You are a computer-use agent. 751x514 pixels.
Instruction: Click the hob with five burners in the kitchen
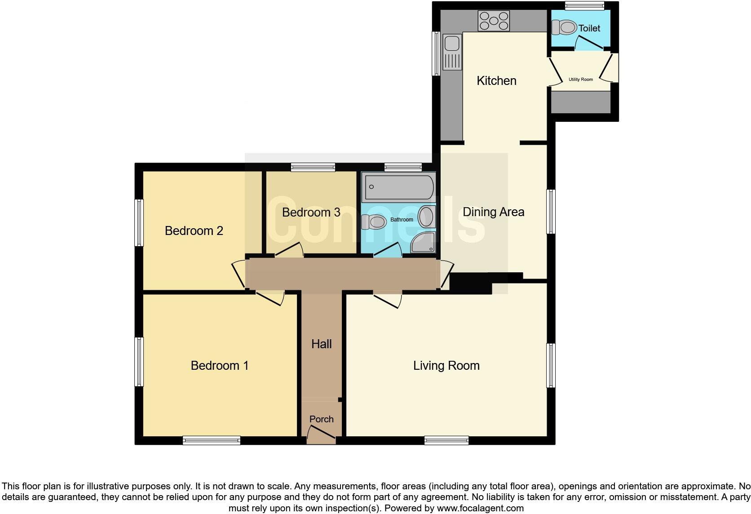tap(494, 21)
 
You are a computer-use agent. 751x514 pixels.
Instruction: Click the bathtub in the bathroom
tap(399, 187)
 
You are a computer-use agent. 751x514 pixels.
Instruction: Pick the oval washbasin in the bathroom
tap(426, 217)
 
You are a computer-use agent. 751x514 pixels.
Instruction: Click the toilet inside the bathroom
tap(374, 222)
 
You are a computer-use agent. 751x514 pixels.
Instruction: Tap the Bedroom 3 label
tap(311, 212)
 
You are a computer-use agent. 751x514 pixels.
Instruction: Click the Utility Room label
tap(580, 80)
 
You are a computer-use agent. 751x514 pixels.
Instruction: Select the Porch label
tap(321, 419)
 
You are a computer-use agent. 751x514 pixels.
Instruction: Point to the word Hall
tap(321, 344)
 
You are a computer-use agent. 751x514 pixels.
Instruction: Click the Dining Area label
tap(493, 212)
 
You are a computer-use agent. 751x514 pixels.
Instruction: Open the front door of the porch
tap(322, 434)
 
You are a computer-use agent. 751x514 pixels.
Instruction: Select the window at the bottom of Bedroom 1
tap(211, 440)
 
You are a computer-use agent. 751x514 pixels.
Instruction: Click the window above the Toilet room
tap(584, 5)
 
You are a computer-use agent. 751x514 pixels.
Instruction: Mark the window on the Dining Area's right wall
tap(551, 212)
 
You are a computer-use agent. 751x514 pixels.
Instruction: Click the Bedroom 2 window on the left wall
tap(139, 223)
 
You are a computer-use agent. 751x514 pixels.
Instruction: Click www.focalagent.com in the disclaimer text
tap(480, 509)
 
